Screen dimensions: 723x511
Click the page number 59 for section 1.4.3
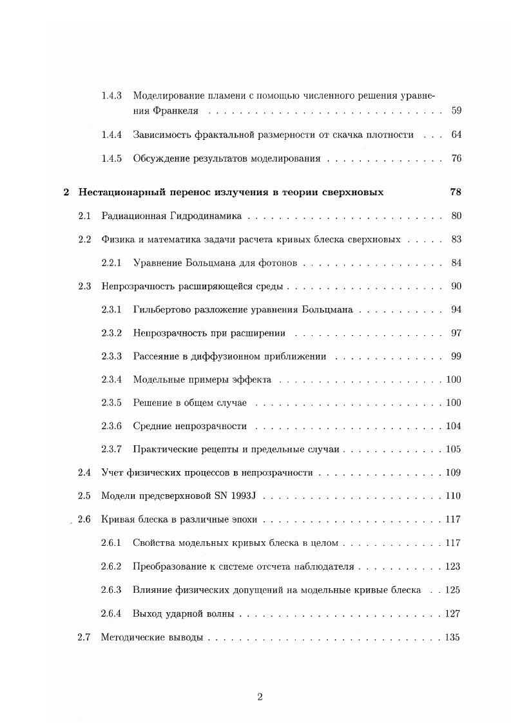tap(456, 111)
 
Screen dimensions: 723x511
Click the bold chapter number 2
tap(66, 192)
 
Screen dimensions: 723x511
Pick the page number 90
tap(456, 286)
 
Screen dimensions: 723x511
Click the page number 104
tap(454, 426)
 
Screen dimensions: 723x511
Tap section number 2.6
tap(84, 519)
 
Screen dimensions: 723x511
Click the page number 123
tap(454, 566)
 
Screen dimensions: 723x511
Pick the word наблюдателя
tap(324, 566)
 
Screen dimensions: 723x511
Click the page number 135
tap(454, 637)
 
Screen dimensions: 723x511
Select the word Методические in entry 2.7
tap(130, 637)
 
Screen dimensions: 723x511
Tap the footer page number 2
tap(260, 696)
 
